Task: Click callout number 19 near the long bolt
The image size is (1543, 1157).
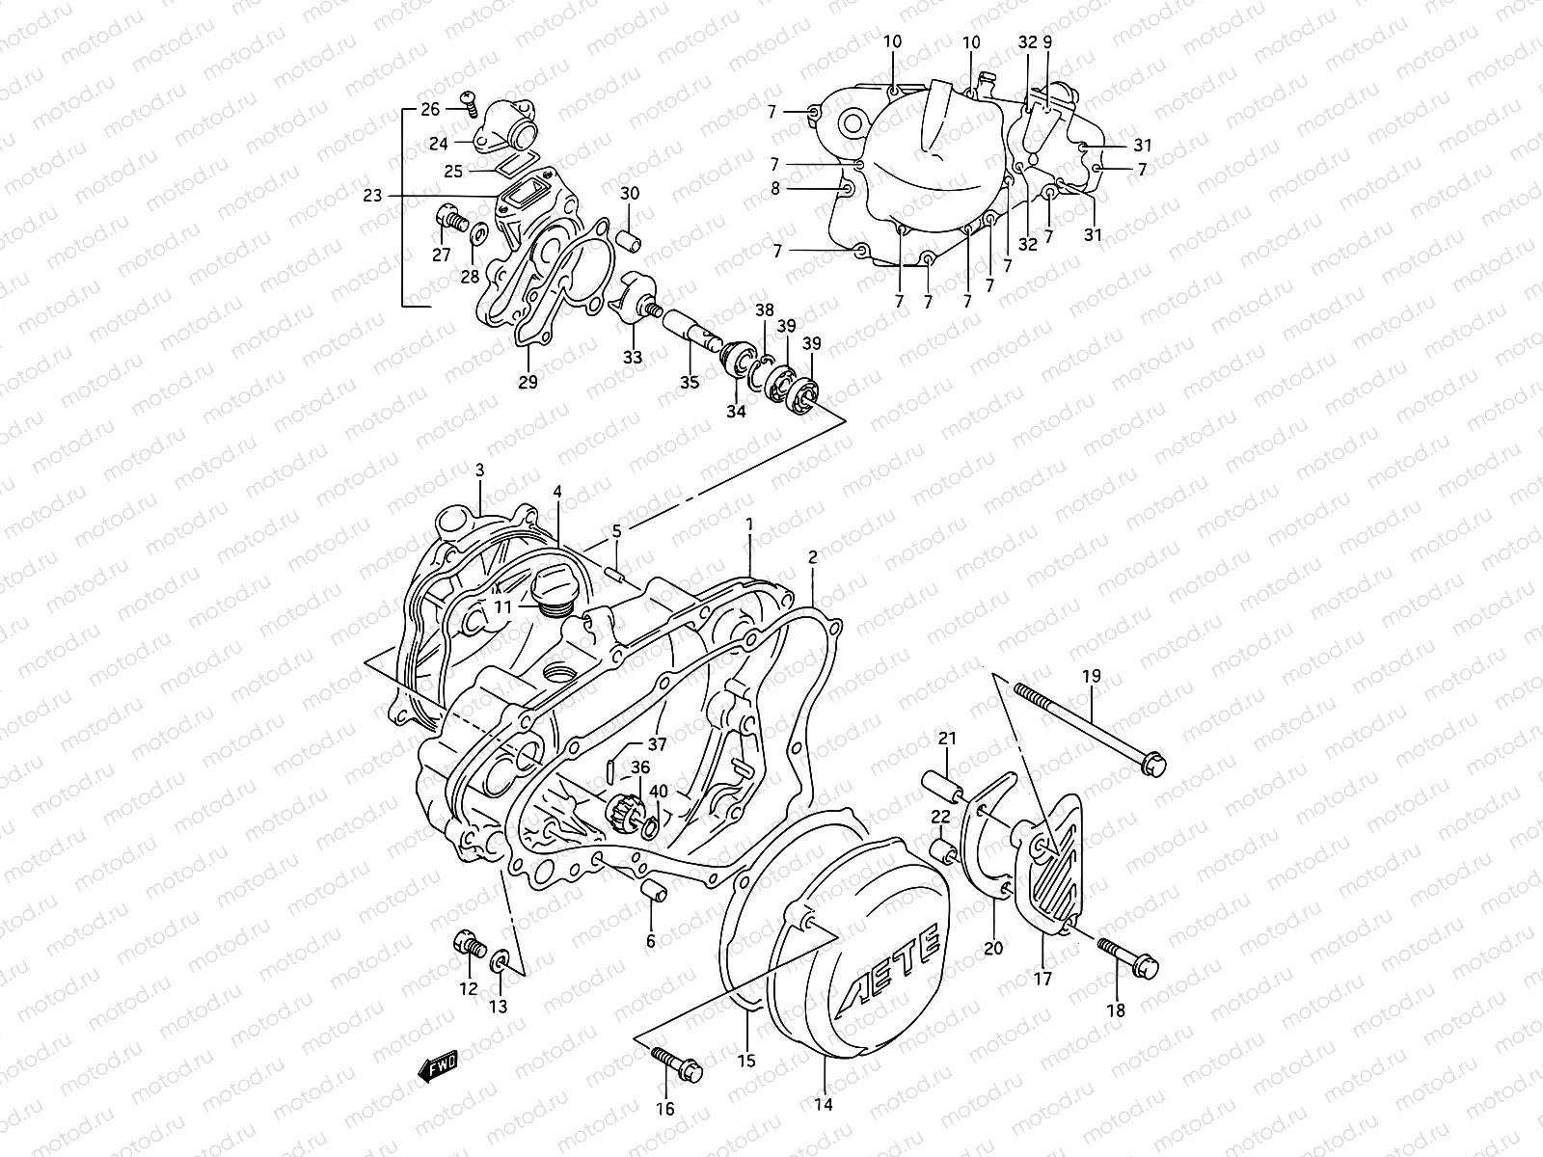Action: pyautogui.click(x=1090, y=677)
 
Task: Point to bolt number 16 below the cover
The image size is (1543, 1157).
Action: pyautogui.click(x=679, y=1065)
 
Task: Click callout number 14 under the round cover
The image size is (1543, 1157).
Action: pyautogui.click(x=824, y=1105)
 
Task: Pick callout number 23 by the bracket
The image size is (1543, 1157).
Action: pyautogui.click(x=373, y=196)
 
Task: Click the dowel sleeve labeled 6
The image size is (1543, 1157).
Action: pyautogui.click(x=655, y=892)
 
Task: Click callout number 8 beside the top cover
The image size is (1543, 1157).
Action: pyautogui.click(x=775, y=190)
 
